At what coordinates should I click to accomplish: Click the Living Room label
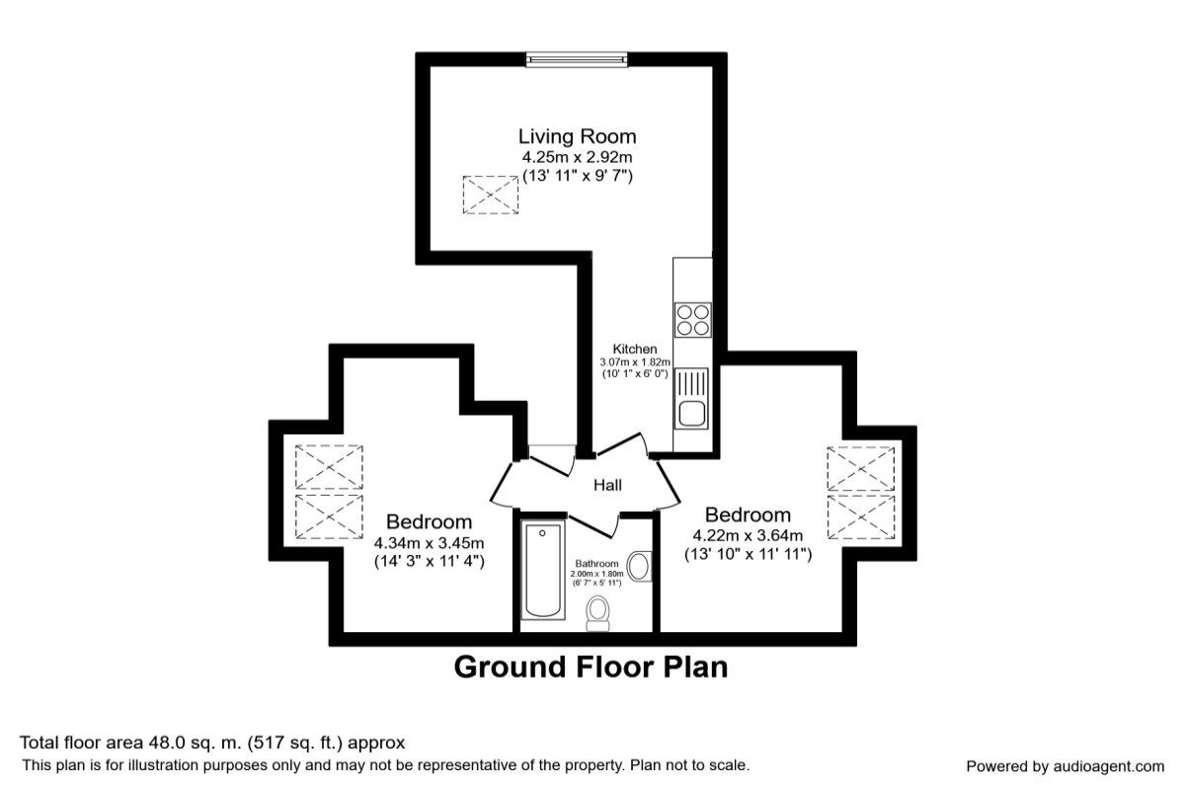pyautogui.click(x=577, y=136)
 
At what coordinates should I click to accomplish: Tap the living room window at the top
pyautogui.click(x=577, y=59)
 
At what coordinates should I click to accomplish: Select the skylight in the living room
pyautogui.click(x=491, y=195)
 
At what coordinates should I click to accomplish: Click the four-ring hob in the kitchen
pyautogui.click(x=691, y=318)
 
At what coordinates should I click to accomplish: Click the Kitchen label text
pyautogui.click(x=634, y=350)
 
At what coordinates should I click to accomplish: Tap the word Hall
pyautogui.click(x=606, y=486)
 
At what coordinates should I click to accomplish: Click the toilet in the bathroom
pyautogui.click(x=598, y=612)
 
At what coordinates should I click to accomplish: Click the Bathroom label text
pyautogui.click(x=597, y=564)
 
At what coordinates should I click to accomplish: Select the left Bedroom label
pyautogui.click(x=429, y=521)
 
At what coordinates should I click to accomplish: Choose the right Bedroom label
pyautogui.click(x=748, y=514)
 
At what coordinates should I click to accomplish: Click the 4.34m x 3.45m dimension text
pyautogui.click(x=429, y=543)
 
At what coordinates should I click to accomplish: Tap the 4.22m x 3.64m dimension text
pyautogui.click(x=748, y=536)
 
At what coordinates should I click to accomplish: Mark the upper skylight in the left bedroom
pyautogui.click(x=329, y=466)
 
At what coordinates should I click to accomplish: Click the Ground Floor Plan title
pyautogui.click(x=591, y=668)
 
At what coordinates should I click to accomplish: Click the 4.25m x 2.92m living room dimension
pyautogui.click(x=577, y=157)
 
